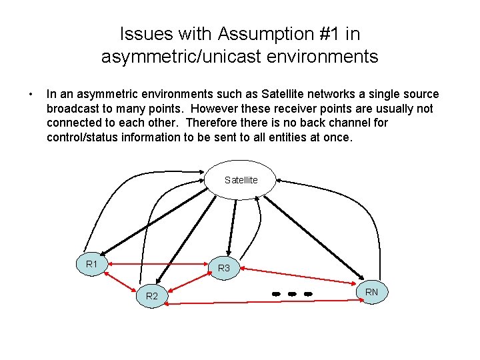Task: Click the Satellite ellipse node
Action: pyautogui.click(x=241, y=179)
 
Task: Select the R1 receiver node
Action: pyautogui.click(x=93, y=265)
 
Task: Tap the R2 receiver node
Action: pyautogui.click(x=152, y=295)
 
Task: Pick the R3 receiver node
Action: pyautogui.click(x=224, y=267)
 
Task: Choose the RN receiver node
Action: pyautogui.click(x=371, y=291)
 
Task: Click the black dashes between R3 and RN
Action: pyautogui.click(x=292, y=293)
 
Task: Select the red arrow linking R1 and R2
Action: pyautogui.click(x=120, y=279)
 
